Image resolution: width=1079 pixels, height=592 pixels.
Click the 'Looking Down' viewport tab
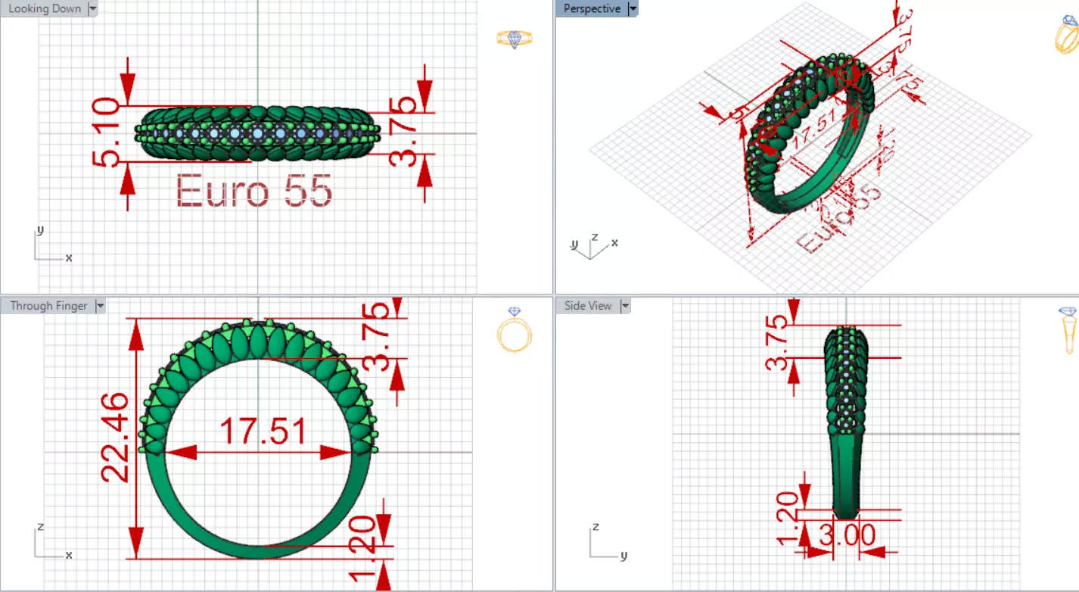[x=45, y=9]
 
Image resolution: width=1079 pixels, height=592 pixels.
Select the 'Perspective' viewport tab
[x=592, y=9]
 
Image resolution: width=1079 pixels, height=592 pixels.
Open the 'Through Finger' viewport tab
[x=48, y=306]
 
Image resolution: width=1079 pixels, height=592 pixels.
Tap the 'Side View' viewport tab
[x=588, y=306]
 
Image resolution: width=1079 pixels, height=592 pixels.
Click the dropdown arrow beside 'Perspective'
[x=633, y=9]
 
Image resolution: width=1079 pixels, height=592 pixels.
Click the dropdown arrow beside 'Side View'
[x=625, y=306]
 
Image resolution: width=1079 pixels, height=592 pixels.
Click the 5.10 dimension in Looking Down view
[x=105, y=133]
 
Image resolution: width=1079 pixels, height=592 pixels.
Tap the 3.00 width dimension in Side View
[x=847, y=535]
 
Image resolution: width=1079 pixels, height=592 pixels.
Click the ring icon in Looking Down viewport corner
[x=514, y=39]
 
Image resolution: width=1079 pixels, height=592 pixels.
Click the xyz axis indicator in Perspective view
[x=593, y=245]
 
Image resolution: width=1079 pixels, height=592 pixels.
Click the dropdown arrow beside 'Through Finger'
[x=101, y=306]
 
